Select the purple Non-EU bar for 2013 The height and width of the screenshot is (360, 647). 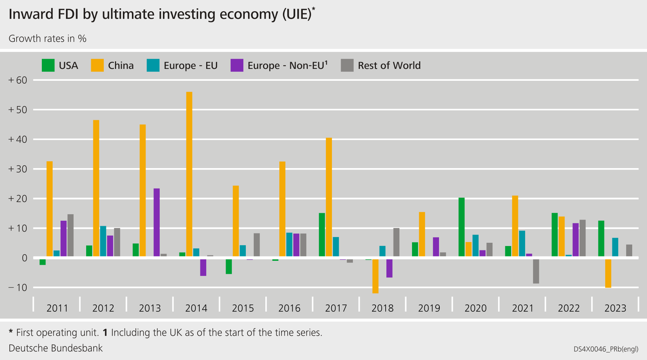tap(156, 222)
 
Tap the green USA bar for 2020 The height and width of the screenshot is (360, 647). tap(461, 227)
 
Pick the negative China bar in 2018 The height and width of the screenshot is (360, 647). tap(375, 276)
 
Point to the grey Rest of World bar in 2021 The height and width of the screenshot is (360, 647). tap(536, 271)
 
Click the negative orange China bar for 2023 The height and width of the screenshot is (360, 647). tap(608, 273)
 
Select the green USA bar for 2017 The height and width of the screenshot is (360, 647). tap(322, 235)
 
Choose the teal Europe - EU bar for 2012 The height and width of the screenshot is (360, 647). tap(103, 241)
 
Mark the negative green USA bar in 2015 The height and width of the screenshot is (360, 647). tap(229, 266)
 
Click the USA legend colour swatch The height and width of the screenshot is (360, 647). tap(48, 65)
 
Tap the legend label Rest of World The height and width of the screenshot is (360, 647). tap(389, 66)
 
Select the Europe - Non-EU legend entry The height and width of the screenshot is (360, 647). tap(287, 66)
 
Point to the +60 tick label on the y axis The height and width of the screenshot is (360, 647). tap(18, 80)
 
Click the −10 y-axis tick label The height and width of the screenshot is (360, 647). tap(18, 287)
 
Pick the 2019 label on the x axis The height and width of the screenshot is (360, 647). tap(429, 308)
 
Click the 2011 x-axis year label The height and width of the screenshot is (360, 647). tap(57, 308)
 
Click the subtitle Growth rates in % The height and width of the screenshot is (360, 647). tap(47, 39)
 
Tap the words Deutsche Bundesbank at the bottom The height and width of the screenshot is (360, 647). tap(56, 348)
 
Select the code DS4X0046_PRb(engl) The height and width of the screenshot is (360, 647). tap(606, 349)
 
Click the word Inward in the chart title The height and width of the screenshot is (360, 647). tap(31, 14)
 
